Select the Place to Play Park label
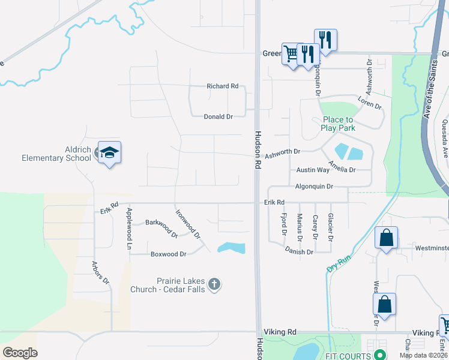coord(337,124)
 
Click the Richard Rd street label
coord(222,86)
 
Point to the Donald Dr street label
coord(218,117)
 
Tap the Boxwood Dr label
coord(168,254)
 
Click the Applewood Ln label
coord(128,229)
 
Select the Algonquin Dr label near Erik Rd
coord(314,187)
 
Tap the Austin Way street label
coord(313,170)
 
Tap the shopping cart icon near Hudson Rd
coord(291,54)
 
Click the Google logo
coord(20,352)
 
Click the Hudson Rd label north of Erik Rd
coord(258,149)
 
